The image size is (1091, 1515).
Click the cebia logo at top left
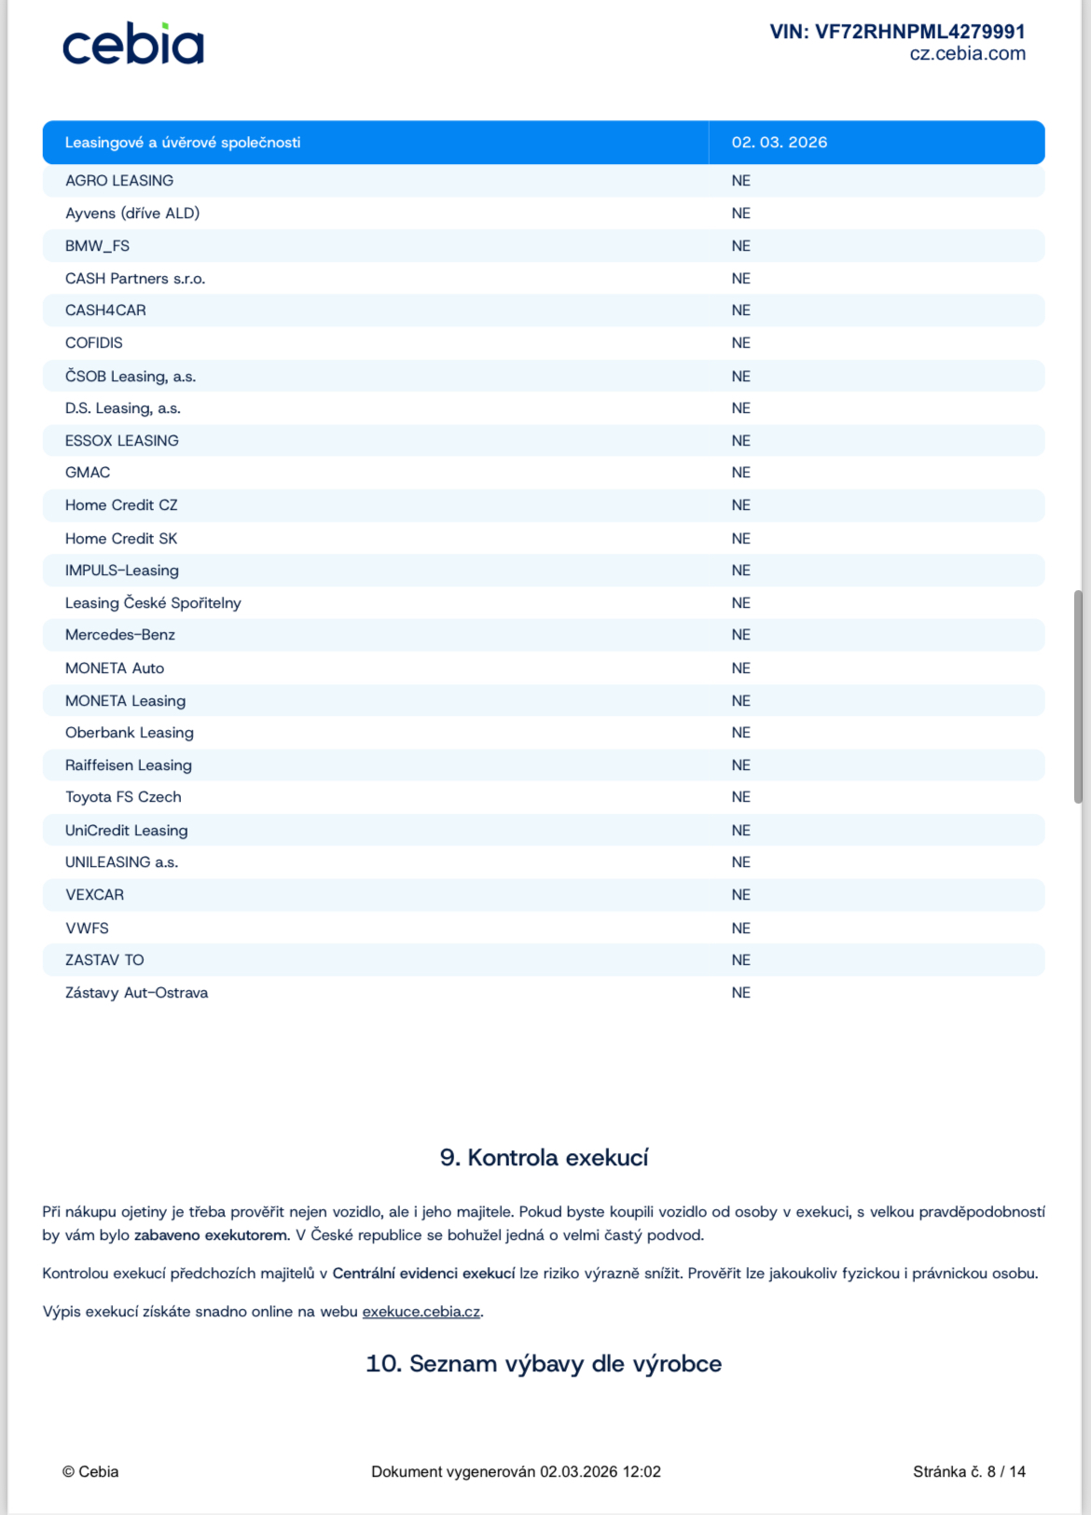tap(133, 45)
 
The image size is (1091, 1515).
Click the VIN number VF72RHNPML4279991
tap(897, 32)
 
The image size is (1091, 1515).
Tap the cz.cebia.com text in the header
tap(967, 54)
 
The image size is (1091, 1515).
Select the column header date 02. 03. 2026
tap(779, 143)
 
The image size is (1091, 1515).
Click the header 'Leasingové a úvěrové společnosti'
tap(183, 143)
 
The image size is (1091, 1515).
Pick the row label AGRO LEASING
tap(119, 181)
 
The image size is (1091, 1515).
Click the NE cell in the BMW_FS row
tap(741, 246)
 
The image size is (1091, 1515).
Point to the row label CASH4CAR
tap(105, 310)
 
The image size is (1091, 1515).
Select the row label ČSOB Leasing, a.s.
tap(131, 377)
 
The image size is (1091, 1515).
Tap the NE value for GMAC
tap(741, 473)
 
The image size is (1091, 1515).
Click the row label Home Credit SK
tap(121, 539)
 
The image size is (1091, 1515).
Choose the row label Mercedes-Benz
tap(120, 635)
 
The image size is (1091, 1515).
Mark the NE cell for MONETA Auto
tap(741, 668)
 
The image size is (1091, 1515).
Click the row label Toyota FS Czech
tap(123, 797)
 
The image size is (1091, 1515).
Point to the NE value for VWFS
tap(741, 929)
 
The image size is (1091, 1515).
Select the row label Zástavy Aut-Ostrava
tap(136, 993)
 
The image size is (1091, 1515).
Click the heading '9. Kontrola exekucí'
tap(545, 1158)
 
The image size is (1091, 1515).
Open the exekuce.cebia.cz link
tap(421, 1312)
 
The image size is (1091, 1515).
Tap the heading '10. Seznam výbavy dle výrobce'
tap(544, 1364)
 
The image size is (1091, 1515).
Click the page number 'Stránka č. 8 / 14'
tap(969, 1472)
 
